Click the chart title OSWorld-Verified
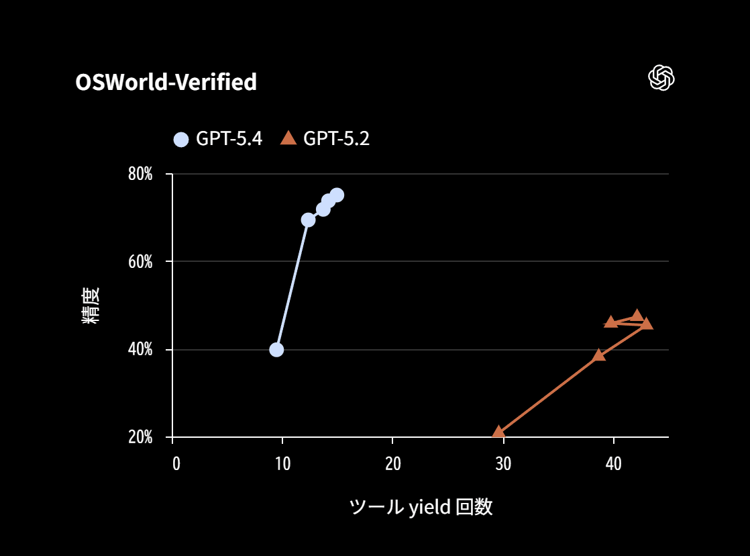tap(166, 82)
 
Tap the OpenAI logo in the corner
tap(661, 78)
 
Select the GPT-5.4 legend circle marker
tap(181, 139)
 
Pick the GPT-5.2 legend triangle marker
tap(288, 138)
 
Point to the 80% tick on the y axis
tap(140, 175)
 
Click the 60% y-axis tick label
tap(140, 262)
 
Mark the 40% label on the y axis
tap(140, 350)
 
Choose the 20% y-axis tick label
tap(140, 438)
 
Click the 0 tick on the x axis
tap(176, 463)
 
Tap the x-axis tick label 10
tap(282, 463)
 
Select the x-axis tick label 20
tap(392, 463)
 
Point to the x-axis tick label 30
tap(502, 463)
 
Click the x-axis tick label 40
tap(612, 463)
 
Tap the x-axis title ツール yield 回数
tap(421, 507)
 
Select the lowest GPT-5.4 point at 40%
tap(276, 349)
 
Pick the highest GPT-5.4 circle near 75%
tap(337, 195)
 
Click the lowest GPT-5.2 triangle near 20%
tap(498, 432)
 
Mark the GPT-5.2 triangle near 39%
tap(599, 355)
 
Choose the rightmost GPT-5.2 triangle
tap(647, 324)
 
